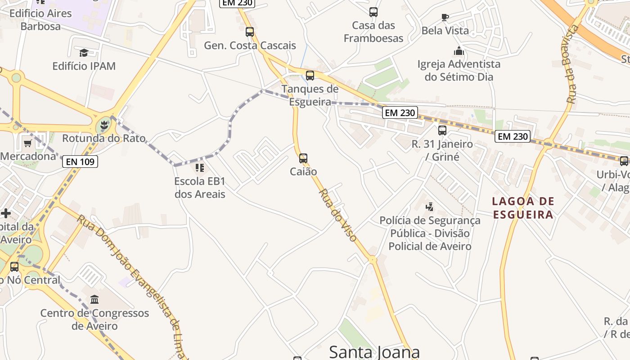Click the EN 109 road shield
[80, 162]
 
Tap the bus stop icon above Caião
[303, 158]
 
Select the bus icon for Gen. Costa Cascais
[250, 32]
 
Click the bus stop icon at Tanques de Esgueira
[310, 76]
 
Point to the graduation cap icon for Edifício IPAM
[84, 53]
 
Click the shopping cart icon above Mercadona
[28, 144]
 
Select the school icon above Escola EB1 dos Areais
[200, 168]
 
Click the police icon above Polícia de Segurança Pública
[430, 207]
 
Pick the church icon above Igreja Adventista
[459, 51]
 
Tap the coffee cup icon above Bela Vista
[445, 18]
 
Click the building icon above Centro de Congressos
[94, 299]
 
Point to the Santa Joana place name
[374, 351]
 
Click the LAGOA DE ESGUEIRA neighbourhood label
[523, 208]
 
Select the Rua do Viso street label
[338, 215]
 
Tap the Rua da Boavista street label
[572, 64]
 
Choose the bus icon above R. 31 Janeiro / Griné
[442, 130]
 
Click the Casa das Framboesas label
[373, 31]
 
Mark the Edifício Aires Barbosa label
[40, 20]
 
